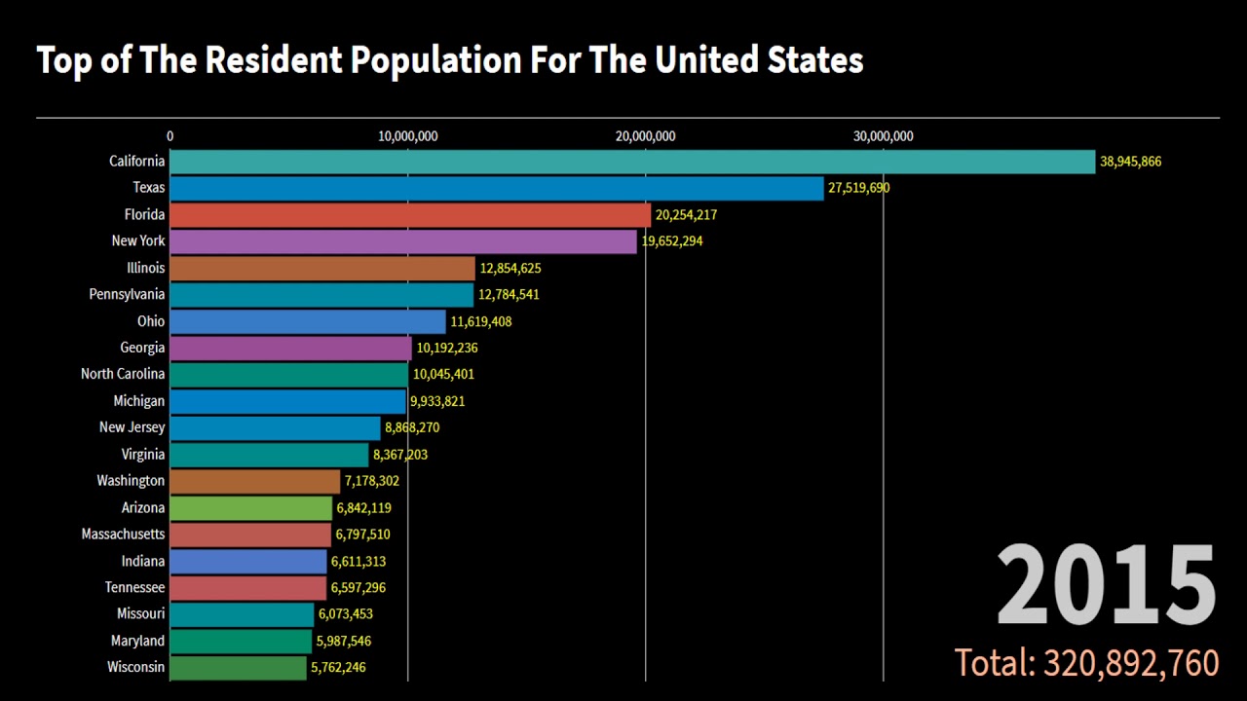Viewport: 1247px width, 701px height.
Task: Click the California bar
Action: [633, 162]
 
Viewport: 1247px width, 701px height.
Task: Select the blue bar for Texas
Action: [497, 188]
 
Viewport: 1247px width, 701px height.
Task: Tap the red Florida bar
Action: [410, 214]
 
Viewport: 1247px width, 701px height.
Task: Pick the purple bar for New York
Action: [403, 241]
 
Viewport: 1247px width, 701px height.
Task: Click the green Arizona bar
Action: [251, 508]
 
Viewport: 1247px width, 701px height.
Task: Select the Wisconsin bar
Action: [239, 668]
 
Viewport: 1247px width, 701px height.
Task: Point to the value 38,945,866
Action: [1130, 162]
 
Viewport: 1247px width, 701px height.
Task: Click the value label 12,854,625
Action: [510, 268]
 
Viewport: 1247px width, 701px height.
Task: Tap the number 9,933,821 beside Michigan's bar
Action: [437, 401]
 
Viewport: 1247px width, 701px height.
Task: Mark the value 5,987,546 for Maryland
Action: [342, 642]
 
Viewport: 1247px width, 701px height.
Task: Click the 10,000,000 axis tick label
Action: [407, 136]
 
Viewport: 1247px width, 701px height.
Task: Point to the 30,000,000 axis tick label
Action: [883, 136]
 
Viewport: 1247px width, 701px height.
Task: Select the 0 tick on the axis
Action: [170, 136]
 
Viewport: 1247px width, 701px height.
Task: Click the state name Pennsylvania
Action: [127, 294]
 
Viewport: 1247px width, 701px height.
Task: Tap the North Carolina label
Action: [123, 374]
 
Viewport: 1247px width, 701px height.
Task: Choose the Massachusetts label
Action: [123, 535]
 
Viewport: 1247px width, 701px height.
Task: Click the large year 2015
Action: [1106, 587]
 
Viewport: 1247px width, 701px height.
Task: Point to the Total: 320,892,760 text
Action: [1086, 663]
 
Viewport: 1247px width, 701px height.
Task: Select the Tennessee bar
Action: [248, 588]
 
